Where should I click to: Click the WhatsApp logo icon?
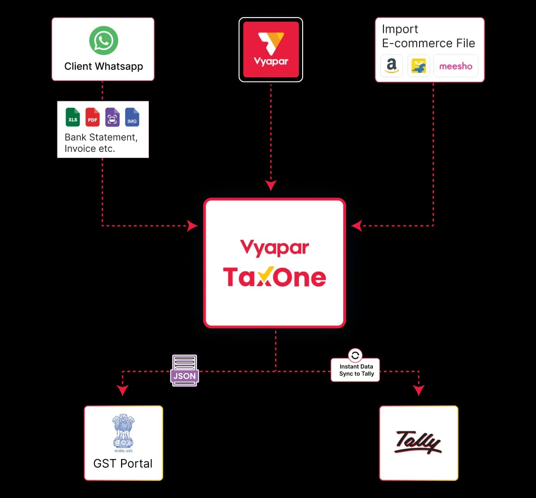[104, 40]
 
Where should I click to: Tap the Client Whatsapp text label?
[104, 67]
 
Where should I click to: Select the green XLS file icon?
[73, 117]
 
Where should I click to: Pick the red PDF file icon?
[92, 117]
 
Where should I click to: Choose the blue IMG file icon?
[132, 117]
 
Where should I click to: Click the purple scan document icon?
[112, 117]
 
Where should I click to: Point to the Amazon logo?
[391, 66]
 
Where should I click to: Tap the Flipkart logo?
[419, 66]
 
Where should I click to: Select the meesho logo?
[456, 66]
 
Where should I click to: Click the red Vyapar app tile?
[271, 50]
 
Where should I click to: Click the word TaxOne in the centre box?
[274, 276]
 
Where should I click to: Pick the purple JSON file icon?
[184, 371]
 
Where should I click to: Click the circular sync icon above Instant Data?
[355, 355]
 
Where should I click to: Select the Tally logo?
[419, 442]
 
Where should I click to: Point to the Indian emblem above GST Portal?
[123, 433]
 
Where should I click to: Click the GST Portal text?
[123, 463]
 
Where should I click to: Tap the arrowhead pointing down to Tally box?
[419, 390]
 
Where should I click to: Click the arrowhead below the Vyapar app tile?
[271, 185]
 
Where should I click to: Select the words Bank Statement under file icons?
[101, 137]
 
